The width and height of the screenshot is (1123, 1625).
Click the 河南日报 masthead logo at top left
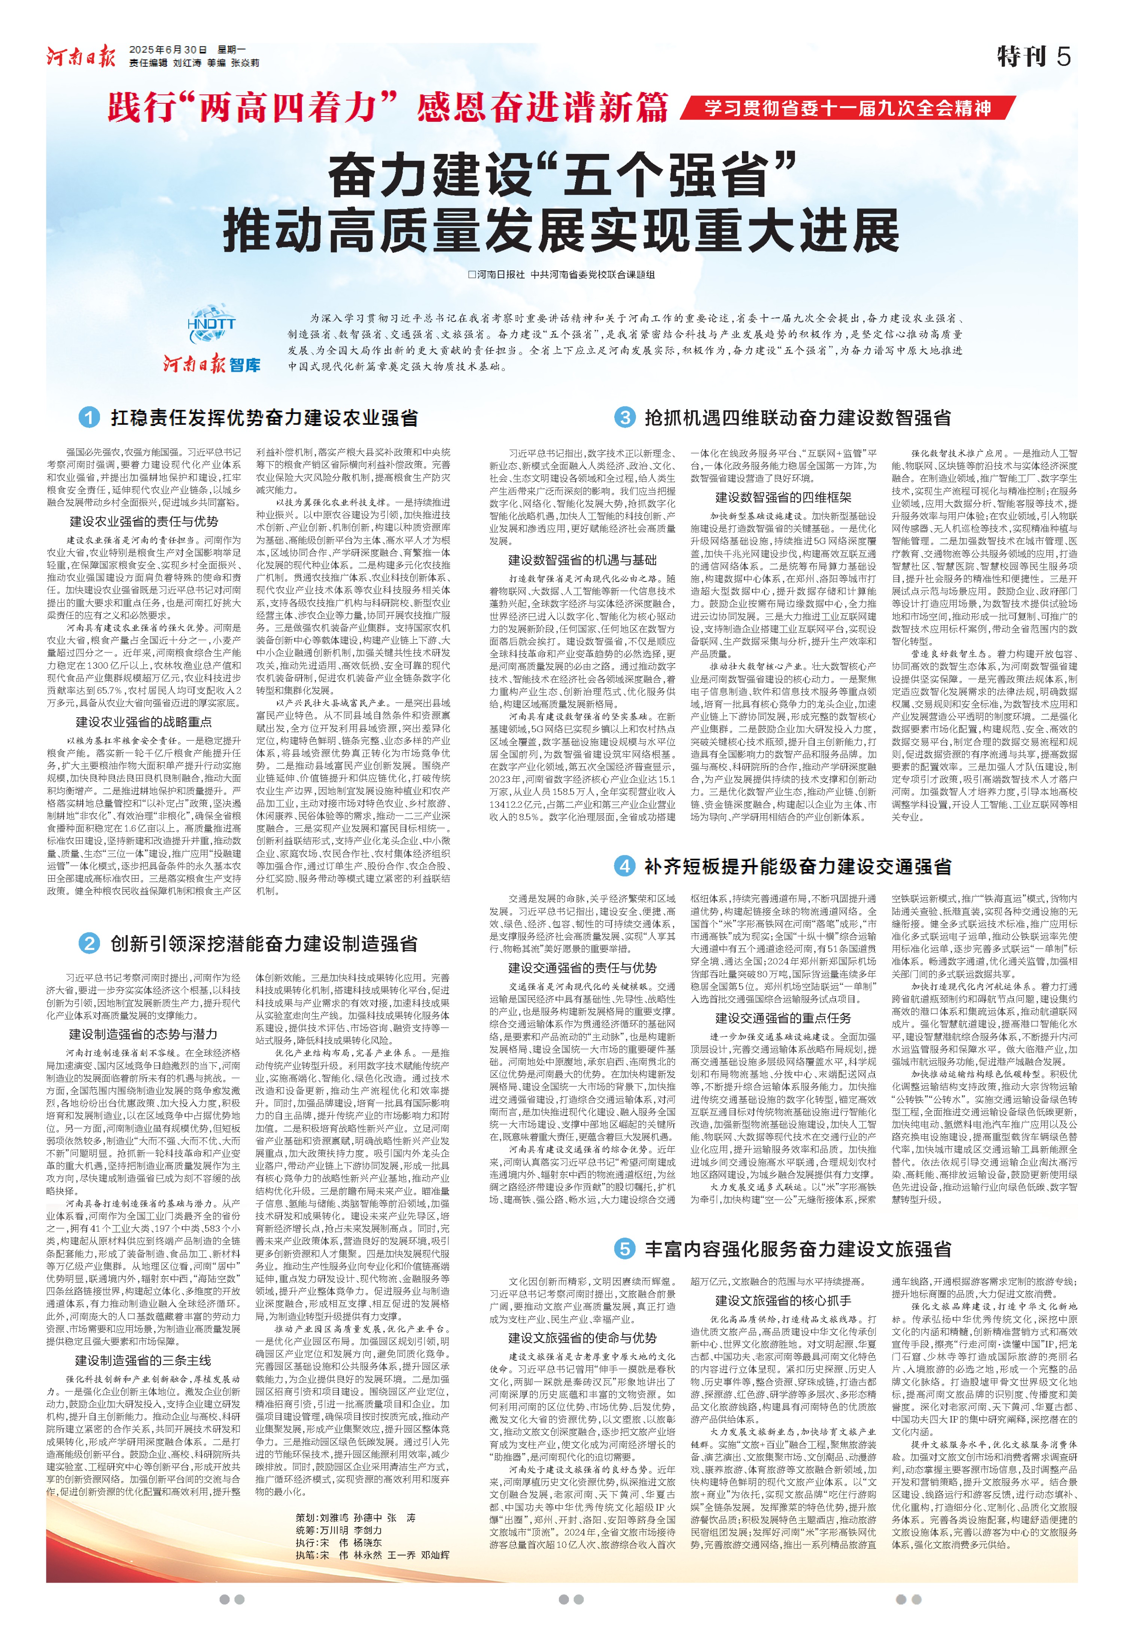(x=81, y=56)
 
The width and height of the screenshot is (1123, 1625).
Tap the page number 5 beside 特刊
(x=1063, y=56)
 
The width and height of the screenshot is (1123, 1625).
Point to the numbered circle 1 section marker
(x=89, y=418)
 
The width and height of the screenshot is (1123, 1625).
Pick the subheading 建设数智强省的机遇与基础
(x=582, y=560)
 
